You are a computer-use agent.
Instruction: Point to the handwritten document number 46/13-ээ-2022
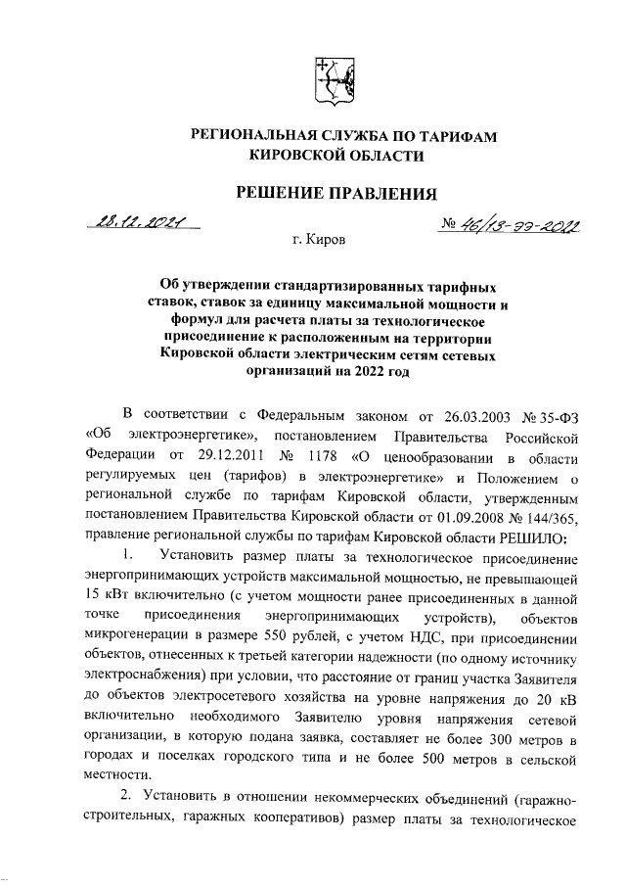click(x=508, y=227)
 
